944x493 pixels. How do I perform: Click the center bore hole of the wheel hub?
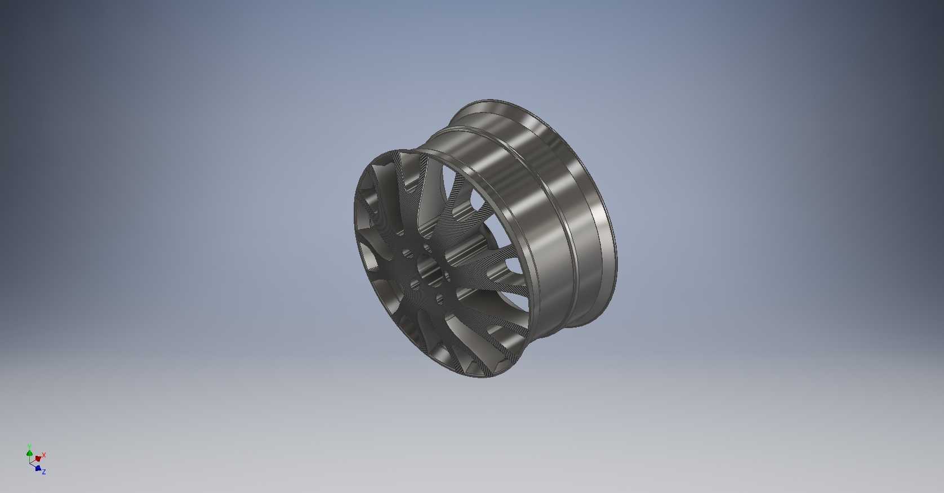(x=430, y=272)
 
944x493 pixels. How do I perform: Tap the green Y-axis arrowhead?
(x=29, y=453)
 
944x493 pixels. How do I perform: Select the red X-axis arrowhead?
(x=38, y=458)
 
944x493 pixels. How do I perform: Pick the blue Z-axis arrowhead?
(x=38, y=468)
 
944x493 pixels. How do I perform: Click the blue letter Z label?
(x=43, y=472)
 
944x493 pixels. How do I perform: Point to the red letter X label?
(x=44, y=455)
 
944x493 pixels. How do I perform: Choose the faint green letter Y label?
(x=29, y=445)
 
